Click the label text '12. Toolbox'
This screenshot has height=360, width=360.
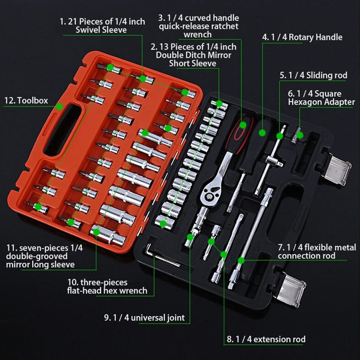click(x=26, y=101)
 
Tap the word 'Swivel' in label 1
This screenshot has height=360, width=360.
click(x=88, y=30)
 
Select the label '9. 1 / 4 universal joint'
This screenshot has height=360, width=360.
click(x=145, y=318)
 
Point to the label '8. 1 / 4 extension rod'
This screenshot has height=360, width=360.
click(x=266, y=339)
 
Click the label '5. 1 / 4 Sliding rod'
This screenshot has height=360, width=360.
click(x=313, y=75)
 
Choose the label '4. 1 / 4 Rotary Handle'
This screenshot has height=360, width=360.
click(x=302, y=37)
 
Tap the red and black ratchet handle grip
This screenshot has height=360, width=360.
click(x=239, y=135)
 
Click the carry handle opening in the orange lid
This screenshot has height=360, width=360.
click(x=62, y=130)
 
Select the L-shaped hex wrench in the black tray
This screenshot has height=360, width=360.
click(x=161, y=255)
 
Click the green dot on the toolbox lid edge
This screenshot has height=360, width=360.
click(x=60, y=107)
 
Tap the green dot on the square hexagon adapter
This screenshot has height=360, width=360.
click(x=300, y=135)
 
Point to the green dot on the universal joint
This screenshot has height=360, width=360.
click(x=190, y=237)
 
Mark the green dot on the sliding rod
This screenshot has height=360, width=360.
click(x=280, y=136)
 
